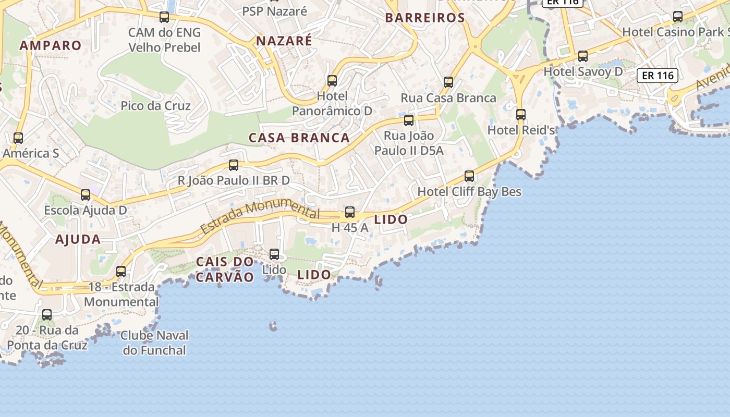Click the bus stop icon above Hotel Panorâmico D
tap(332, 81)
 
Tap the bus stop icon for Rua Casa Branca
tap(448, 82)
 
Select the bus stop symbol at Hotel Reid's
tap(521, 115)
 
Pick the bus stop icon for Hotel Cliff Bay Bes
tap(469, 176)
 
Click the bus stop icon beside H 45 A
tap(350, 212)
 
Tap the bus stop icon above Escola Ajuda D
tap(86, 195)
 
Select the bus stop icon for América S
tap(18, 138)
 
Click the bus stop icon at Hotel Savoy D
tap(583, 56)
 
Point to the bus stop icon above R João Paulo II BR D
tap(234, 165)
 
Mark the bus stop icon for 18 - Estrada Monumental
tap(121, 272)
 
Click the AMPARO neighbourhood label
tap(51, 45)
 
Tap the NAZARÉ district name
tap(284, 41)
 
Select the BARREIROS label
tap(425, 18)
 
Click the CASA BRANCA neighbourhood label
tap(299, 138)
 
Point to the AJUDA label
tap(78, 240)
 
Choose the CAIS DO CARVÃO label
tap(225, 269)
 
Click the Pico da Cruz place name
tap(155, 106)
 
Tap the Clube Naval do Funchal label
tap(154, 342)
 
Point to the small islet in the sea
tap(273, 327)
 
